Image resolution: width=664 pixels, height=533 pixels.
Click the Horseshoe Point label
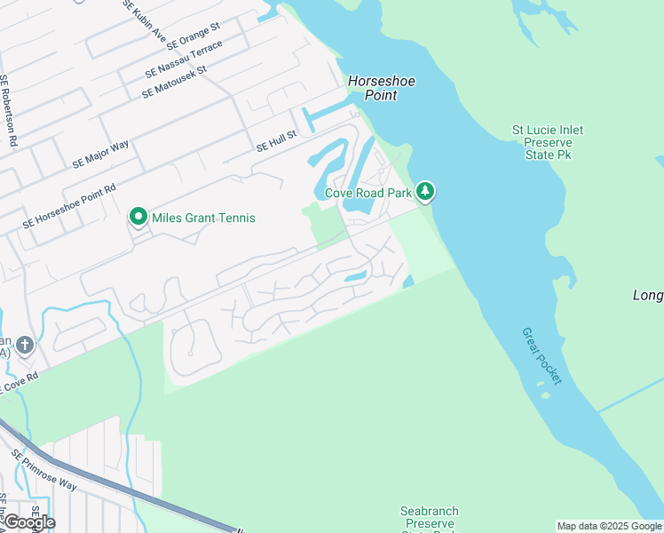[381, 88]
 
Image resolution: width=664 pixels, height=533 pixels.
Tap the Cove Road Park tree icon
[426, 191]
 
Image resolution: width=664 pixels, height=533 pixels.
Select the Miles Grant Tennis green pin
[138, 217]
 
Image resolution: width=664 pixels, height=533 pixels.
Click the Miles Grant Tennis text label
[203, 218]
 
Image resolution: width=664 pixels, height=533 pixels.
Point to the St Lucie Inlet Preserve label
[548, 142]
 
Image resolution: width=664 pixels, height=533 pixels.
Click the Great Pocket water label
[541, 355]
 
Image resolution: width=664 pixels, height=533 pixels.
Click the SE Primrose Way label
[43, 469]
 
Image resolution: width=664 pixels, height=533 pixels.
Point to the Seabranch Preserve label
[429, 517]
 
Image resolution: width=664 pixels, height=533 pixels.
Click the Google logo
[28, 521]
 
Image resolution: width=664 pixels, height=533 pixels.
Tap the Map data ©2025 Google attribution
[609, 526]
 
